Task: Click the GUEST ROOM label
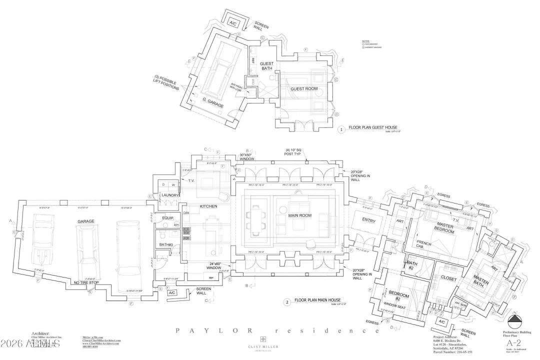tap(304, 89)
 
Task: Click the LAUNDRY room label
tap(170, 195)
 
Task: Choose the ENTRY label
tap(369, 220)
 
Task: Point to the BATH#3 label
tap(167, 244)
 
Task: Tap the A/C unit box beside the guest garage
tap(233, 23)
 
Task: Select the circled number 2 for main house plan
tap(286, 301)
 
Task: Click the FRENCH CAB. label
tap(409, 246)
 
